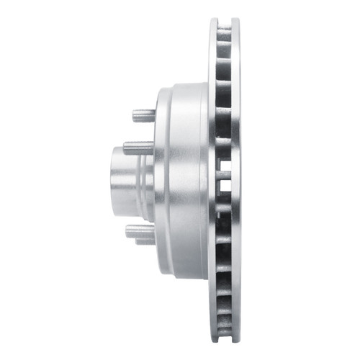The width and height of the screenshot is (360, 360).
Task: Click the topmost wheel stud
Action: (143, 115)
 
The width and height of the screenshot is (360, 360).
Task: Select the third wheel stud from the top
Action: (136, 230)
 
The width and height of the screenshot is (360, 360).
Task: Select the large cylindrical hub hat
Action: (184, 180)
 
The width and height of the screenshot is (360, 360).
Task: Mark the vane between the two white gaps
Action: (224, 179)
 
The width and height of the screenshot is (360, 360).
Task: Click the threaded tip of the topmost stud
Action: (134, 115)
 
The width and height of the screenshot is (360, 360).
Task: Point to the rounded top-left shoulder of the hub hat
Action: (160, 91)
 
